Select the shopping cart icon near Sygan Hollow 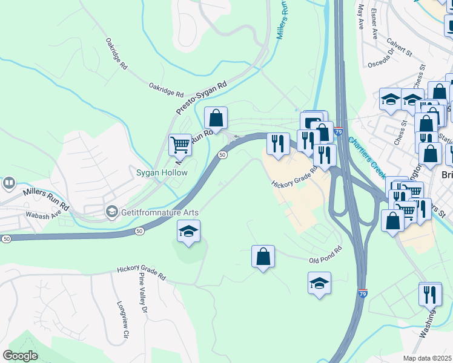180,145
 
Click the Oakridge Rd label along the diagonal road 116,53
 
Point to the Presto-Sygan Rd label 201,97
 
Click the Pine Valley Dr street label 144,294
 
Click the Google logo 19,356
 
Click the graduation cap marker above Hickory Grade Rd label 188,231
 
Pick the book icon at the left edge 9,182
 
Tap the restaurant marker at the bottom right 430,294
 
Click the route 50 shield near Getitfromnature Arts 140,231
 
